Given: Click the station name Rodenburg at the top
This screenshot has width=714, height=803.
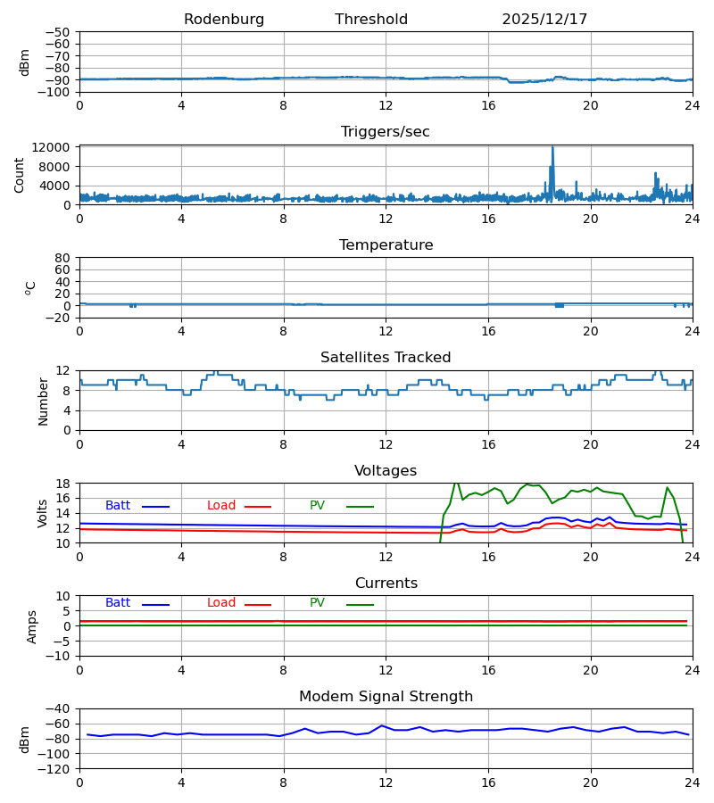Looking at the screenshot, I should coord(224,20).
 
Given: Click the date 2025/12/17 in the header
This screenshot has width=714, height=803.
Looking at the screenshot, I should coord(544,20).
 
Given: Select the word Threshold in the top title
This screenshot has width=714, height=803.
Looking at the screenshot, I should coord(371,20).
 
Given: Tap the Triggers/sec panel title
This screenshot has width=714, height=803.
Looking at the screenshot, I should coord(386,132).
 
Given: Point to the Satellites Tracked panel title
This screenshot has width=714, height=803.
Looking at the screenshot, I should coord(386,358).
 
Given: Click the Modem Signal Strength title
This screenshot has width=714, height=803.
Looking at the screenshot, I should coord(386,697).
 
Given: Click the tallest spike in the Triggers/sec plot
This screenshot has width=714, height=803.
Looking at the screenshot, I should coord(552,148).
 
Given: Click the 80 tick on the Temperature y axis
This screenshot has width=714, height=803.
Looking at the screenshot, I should coord(62,258).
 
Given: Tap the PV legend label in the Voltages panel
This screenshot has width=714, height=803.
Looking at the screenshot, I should coord(317,506).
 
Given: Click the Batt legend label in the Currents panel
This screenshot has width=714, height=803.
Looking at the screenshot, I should coord(118,603).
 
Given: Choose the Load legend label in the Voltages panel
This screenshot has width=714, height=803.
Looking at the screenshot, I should coord(221,506).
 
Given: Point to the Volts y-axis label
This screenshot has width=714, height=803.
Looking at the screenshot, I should coord(43,513).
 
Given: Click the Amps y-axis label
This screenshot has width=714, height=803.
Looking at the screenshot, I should coord(32,626).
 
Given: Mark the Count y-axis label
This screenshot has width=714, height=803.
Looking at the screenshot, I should coord(20,175).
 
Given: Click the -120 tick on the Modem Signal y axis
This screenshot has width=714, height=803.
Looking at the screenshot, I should coord(54,768).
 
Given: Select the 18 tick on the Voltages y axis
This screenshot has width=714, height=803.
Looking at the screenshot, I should coord(63,484).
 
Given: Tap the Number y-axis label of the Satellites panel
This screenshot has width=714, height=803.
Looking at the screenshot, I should coord(43,401).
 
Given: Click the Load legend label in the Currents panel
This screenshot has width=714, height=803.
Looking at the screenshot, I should coord(221,603).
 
